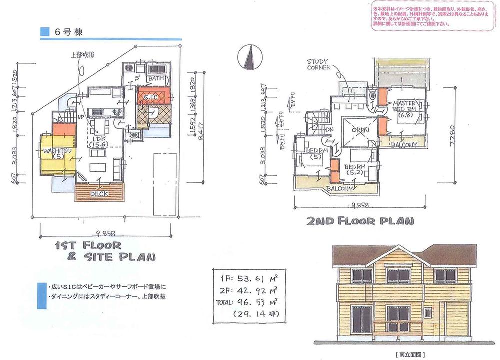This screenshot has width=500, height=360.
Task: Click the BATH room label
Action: pos(155,79)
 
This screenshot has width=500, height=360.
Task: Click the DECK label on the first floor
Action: pos(101,193)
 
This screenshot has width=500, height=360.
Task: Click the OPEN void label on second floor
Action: pos(360,131)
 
